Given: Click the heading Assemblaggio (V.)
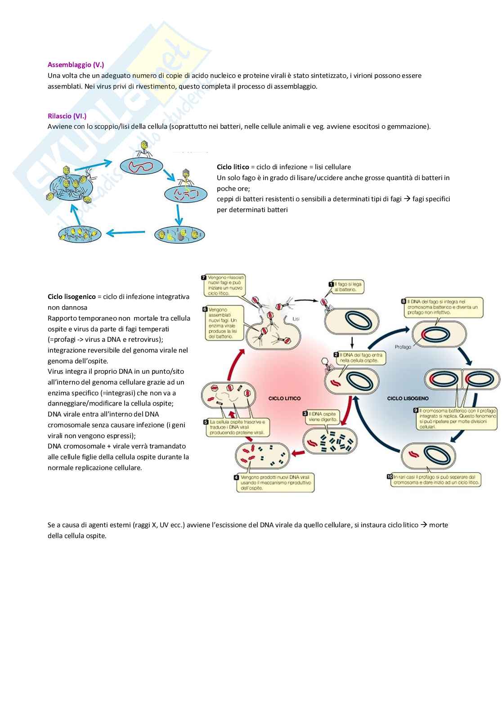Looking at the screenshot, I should tap(76, 65).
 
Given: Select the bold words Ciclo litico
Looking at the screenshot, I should tap(233, 167).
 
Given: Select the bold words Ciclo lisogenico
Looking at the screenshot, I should tap(72, 297).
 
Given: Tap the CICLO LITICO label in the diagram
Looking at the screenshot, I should tap(284, 399).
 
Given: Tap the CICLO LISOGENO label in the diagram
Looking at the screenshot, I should tap(408, 399).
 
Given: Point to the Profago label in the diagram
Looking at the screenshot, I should tap(403, 347).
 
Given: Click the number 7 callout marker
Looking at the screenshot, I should tap(204, 278).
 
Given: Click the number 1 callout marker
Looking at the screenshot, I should tap(331, 284).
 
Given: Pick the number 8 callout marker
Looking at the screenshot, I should tap(403, 302).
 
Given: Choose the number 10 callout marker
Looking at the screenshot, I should tap(390, 476).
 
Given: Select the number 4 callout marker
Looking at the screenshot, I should tap(237, 477).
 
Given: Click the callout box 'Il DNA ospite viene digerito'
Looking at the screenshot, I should tap(321, 417).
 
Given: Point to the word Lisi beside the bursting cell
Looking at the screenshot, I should tap(296, 319).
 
